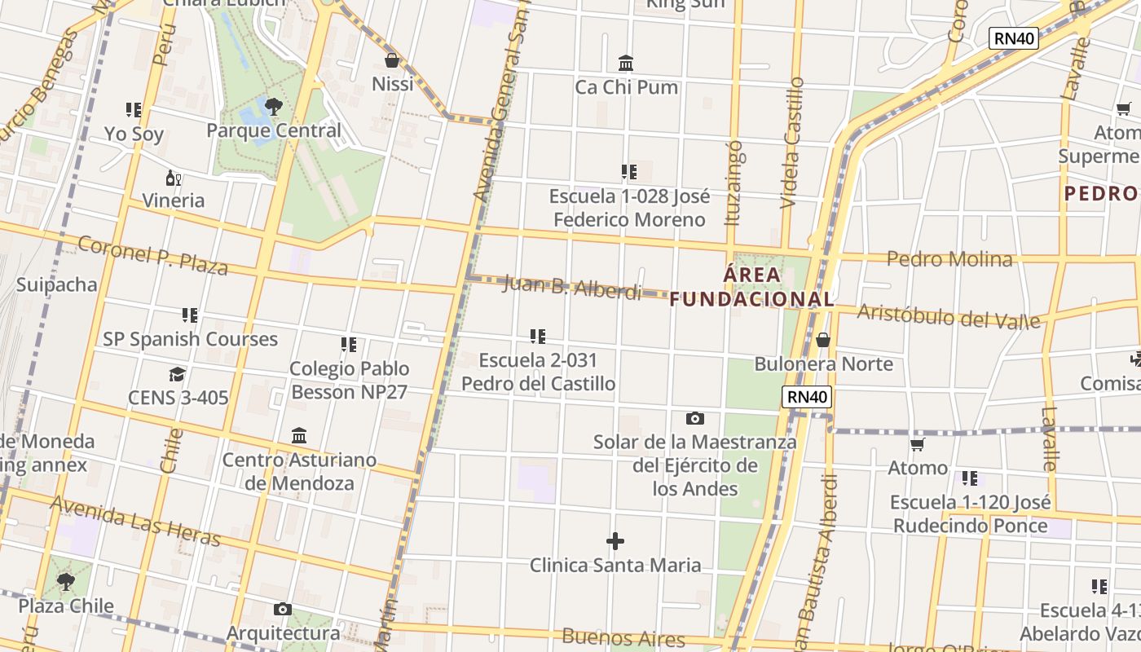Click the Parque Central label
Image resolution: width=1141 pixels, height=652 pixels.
pyautogui.click(x=274, y=130)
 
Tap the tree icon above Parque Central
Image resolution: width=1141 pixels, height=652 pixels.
pyautogui.click(x=274, y=106)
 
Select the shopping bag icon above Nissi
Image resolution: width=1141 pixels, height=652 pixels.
pyautogui.click(x=392, y=60)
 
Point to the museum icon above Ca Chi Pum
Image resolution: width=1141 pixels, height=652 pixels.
pyautogui.click(x=626, y=63)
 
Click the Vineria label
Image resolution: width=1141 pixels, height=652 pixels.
pyautogui.click(x=174, y=200)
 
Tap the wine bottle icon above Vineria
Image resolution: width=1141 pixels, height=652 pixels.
pyautogui.click(x=174, y=178)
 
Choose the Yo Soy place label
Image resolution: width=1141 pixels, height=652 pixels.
pyautogui.click(x=134, y=134)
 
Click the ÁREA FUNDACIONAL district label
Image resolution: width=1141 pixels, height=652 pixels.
pyautogui.click(x=751, y=287)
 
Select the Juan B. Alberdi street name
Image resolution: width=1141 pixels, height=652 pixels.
pyautogui.click(x=572, y=287)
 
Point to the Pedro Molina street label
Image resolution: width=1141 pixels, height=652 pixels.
pyautogui.click(x=949, y=259)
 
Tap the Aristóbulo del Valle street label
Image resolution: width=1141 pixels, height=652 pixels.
pyautogui.click(x=949, y=316)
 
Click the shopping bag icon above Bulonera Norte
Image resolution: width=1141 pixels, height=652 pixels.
pyautogui.click(x=823, y=340)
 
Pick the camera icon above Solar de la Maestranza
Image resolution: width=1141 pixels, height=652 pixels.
pyautogui.click(x=694, y=419)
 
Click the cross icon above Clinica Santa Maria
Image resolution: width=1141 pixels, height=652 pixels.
pyautogui.click(x=615, y=541)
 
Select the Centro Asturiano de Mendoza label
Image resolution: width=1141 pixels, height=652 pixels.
pyautogui.click(x=300, y=471)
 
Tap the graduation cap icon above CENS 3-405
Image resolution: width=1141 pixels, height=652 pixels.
pyautogui.click(x=178, y=374)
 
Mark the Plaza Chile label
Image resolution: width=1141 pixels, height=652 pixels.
pyautogui.click(x=66, y=606)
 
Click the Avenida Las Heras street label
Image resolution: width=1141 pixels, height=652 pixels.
pyautogui.click(x=134, y=521)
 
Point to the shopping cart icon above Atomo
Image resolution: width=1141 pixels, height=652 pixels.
pyautogui.click(x=918, y=445)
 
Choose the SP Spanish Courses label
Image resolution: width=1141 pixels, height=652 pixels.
pyautogui.click(x=190, y=339)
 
